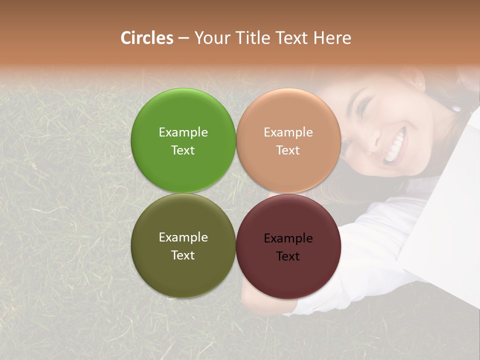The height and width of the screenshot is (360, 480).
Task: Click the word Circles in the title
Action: coord(147,38)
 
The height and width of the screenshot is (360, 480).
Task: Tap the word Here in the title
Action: coord(332,38)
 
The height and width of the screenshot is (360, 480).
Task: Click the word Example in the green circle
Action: coord(183,132)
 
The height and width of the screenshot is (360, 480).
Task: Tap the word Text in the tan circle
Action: coord(288,150)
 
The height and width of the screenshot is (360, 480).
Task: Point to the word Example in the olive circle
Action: coord(183,237)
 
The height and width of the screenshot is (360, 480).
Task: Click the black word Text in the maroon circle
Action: coord(288,256)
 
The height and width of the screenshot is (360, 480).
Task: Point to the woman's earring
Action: coord(456,107)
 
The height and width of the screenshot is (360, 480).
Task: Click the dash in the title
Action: coord(183,38)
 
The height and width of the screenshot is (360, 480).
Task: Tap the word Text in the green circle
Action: coord(183,150)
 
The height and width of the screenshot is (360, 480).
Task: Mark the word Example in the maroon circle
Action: coord(288,238)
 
